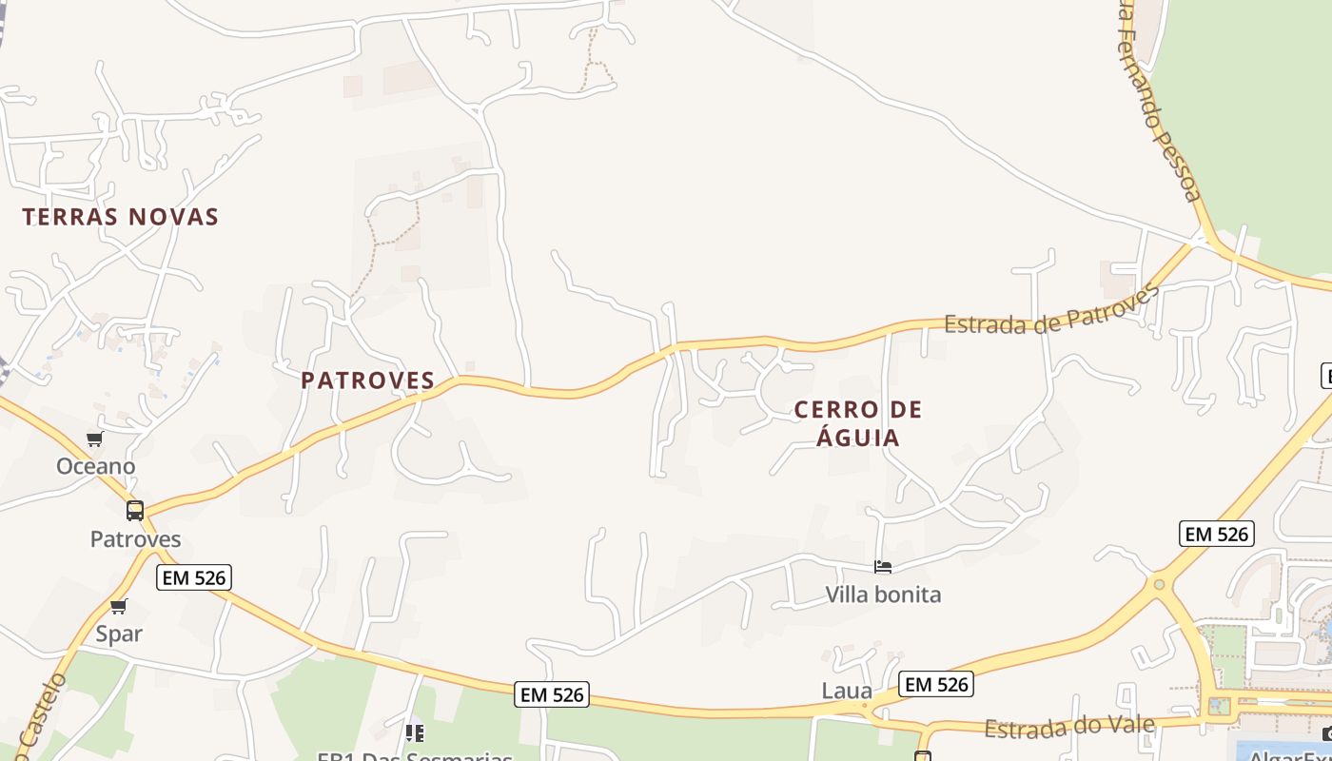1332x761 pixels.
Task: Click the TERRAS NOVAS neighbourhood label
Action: (x=121, y=217)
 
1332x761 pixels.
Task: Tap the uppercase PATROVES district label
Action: (x=368, y=380)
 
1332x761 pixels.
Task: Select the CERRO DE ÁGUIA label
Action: (x=858, y=423)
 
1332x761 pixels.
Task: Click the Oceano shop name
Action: (x=95, y=466)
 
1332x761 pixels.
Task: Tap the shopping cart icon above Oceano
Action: (x=94, y=439)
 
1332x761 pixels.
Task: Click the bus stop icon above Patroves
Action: (x=135, y=511)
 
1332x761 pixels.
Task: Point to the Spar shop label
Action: (x=119, y=634)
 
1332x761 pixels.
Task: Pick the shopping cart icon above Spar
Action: (x=119, y=607)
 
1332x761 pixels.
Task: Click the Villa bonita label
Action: (x=883, y=595)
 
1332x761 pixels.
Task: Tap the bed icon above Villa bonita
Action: (x=883, y=567)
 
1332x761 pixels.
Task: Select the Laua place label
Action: (x=847, y=691)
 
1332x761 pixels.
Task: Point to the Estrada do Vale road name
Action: (x=1069, y=728)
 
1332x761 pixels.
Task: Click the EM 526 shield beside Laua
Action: (x=936, y=684)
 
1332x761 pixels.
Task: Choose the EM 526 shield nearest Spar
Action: (x=194, y=577)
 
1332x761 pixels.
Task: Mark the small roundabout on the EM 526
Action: (x=1158, y=584)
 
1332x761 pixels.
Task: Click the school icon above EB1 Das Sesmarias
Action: (x=415, y=732)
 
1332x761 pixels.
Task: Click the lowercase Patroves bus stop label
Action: (x=135, y=539)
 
